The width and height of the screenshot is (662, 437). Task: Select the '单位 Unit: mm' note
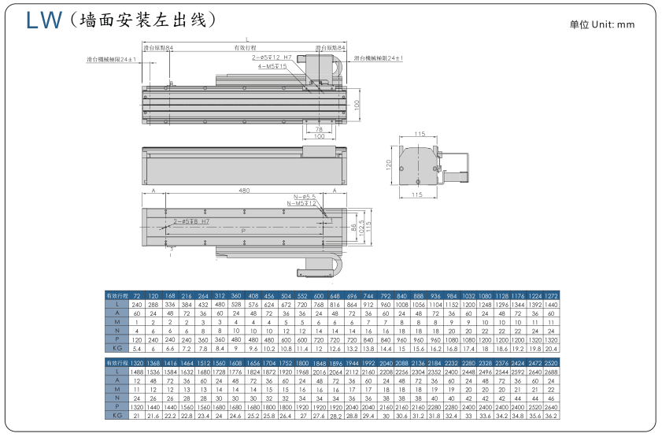pos(601,24)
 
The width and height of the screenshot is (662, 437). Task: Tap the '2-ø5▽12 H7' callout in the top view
pos(272,58)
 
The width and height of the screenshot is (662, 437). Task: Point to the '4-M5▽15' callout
pos(272,66)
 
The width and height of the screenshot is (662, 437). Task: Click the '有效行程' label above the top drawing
pos(246,48)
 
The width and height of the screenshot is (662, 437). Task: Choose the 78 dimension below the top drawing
pos(319,128)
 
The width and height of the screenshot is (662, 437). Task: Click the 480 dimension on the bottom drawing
pos(244,191)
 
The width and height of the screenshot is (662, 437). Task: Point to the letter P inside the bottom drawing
pos(242,230)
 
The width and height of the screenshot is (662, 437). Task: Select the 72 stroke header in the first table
pos(136,295)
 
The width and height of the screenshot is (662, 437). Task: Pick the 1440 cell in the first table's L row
pos(551,304)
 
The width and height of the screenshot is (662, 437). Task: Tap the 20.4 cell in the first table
pos(551,347)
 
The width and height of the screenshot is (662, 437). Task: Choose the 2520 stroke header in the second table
pos(551,362)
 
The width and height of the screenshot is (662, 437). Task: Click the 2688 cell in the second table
pos(551,371)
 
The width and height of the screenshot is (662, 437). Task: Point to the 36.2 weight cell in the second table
pos(551,415)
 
